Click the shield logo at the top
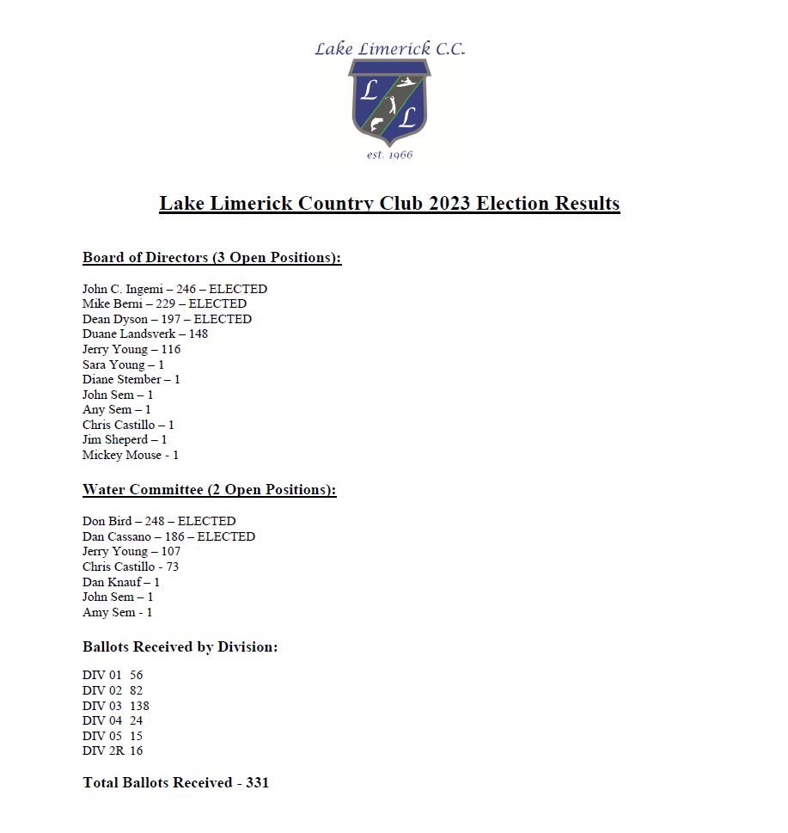(x=389, y=102)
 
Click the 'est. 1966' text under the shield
(x=389, y=155)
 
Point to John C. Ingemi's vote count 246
(x=186, y=289)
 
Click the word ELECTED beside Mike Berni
(x=217, y=303)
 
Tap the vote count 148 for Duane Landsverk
(x=198, y=334)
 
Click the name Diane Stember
(x=121, y=379)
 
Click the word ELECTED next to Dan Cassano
(x=226, y=536)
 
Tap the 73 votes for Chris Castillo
(x=172, y=567)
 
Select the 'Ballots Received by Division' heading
(x=180, y=646)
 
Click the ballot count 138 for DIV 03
(x=139, y=706)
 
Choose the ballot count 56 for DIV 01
(x=137, y=676)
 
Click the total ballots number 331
(x=257, y=782)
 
